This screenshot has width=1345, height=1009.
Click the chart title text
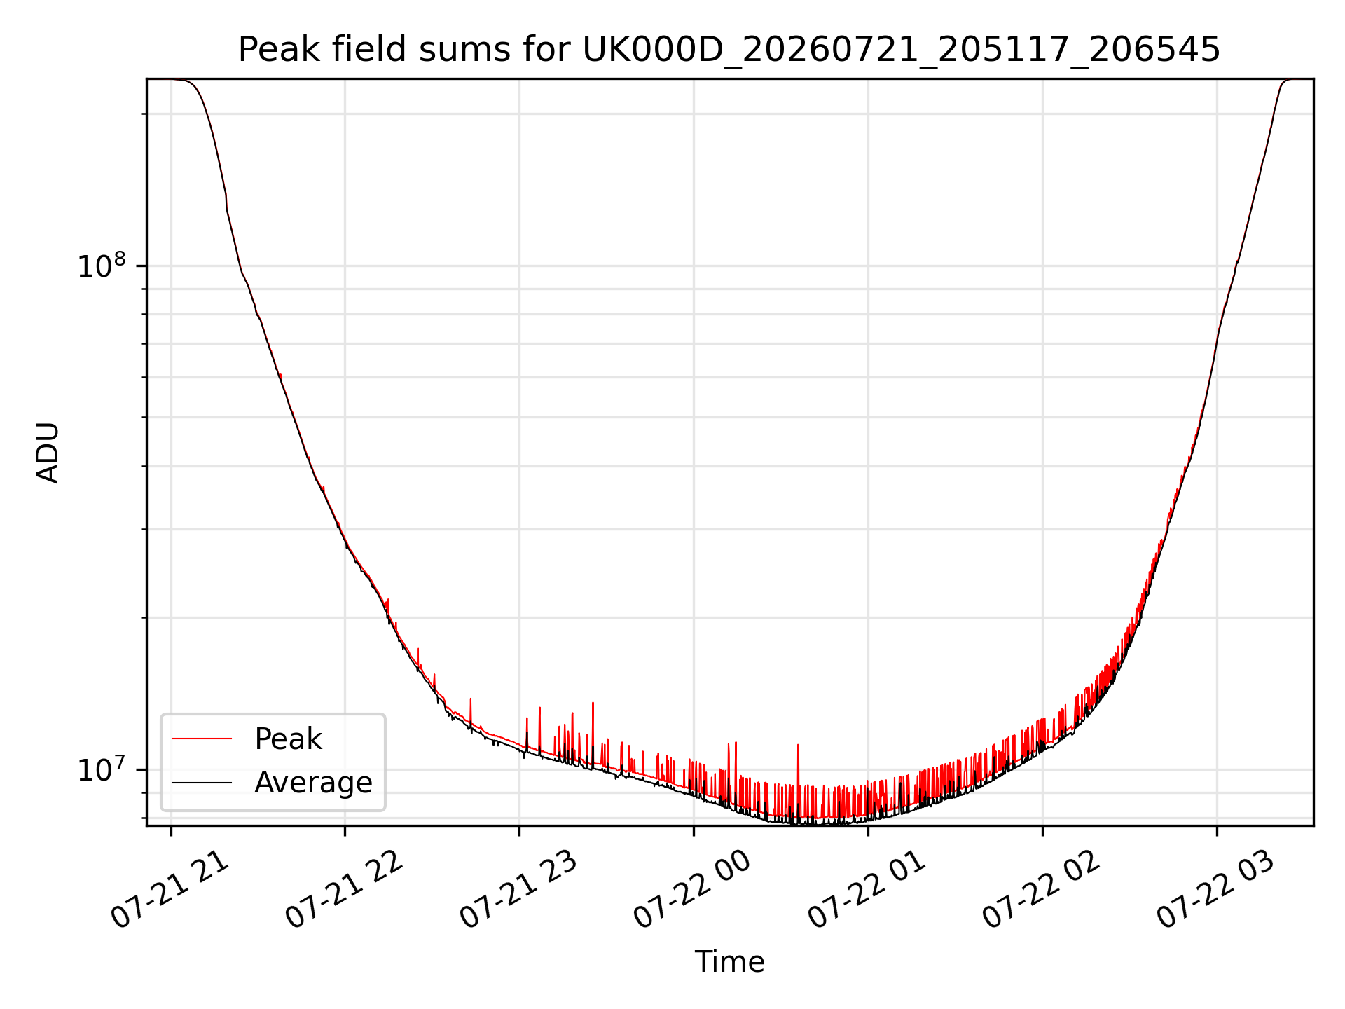(729, 50)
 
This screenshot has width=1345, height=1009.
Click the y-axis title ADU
(48, 453)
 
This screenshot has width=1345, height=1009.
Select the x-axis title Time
(729, 962)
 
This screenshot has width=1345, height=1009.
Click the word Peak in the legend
(288, 739)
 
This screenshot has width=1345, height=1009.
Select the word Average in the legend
(313, 783)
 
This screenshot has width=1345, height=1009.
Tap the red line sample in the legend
(202, 739)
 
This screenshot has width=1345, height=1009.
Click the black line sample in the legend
(202, 782)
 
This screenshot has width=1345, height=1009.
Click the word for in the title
(546, 50)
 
